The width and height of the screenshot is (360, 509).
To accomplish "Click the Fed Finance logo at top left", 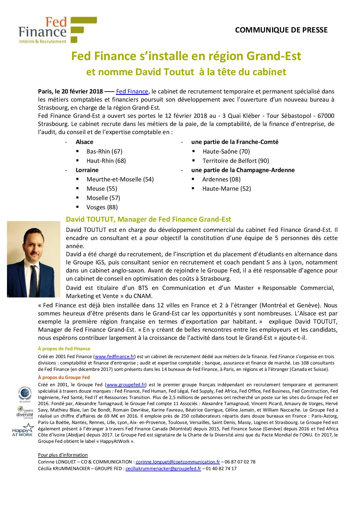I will [x=57, y=30].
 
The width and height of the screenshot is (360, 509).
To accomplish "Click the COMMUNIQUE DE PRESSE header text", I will [x=281, y=30].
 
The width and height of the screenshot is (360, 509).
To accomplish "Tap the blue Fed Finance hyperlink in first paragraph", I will [x=132, y=91].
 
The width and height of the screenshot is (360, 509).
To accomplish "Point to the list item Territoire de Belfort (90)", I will [x=235, y=160].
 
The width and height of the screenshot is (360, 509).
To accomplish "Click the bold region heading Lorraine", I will [x=87, y=170].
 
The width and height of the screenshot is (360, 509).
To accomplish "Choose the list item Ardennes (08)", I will [x=221, y=179].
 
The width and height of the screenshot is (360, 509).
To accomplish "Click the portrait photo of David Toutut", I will [x=33, y=259].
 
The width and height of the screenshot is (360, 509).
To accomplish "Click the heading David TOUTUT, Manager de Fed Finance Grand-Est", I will [x=148, y=219].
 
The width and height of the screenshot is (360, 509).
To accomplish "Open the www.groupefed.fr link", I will [x=126, y=385].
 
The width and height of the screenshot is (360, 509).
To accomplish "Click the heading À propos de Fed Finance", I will [x=64, y=349].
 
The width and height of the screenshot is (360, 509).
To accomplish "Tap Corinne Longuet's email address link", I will [x=178, y=462].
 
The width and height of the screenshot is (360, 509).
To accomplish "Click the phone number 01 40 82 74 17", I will [x=221, y=468].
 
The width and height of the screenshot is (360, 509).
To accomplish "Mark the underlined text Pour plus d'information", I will [x=63, y=455].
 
